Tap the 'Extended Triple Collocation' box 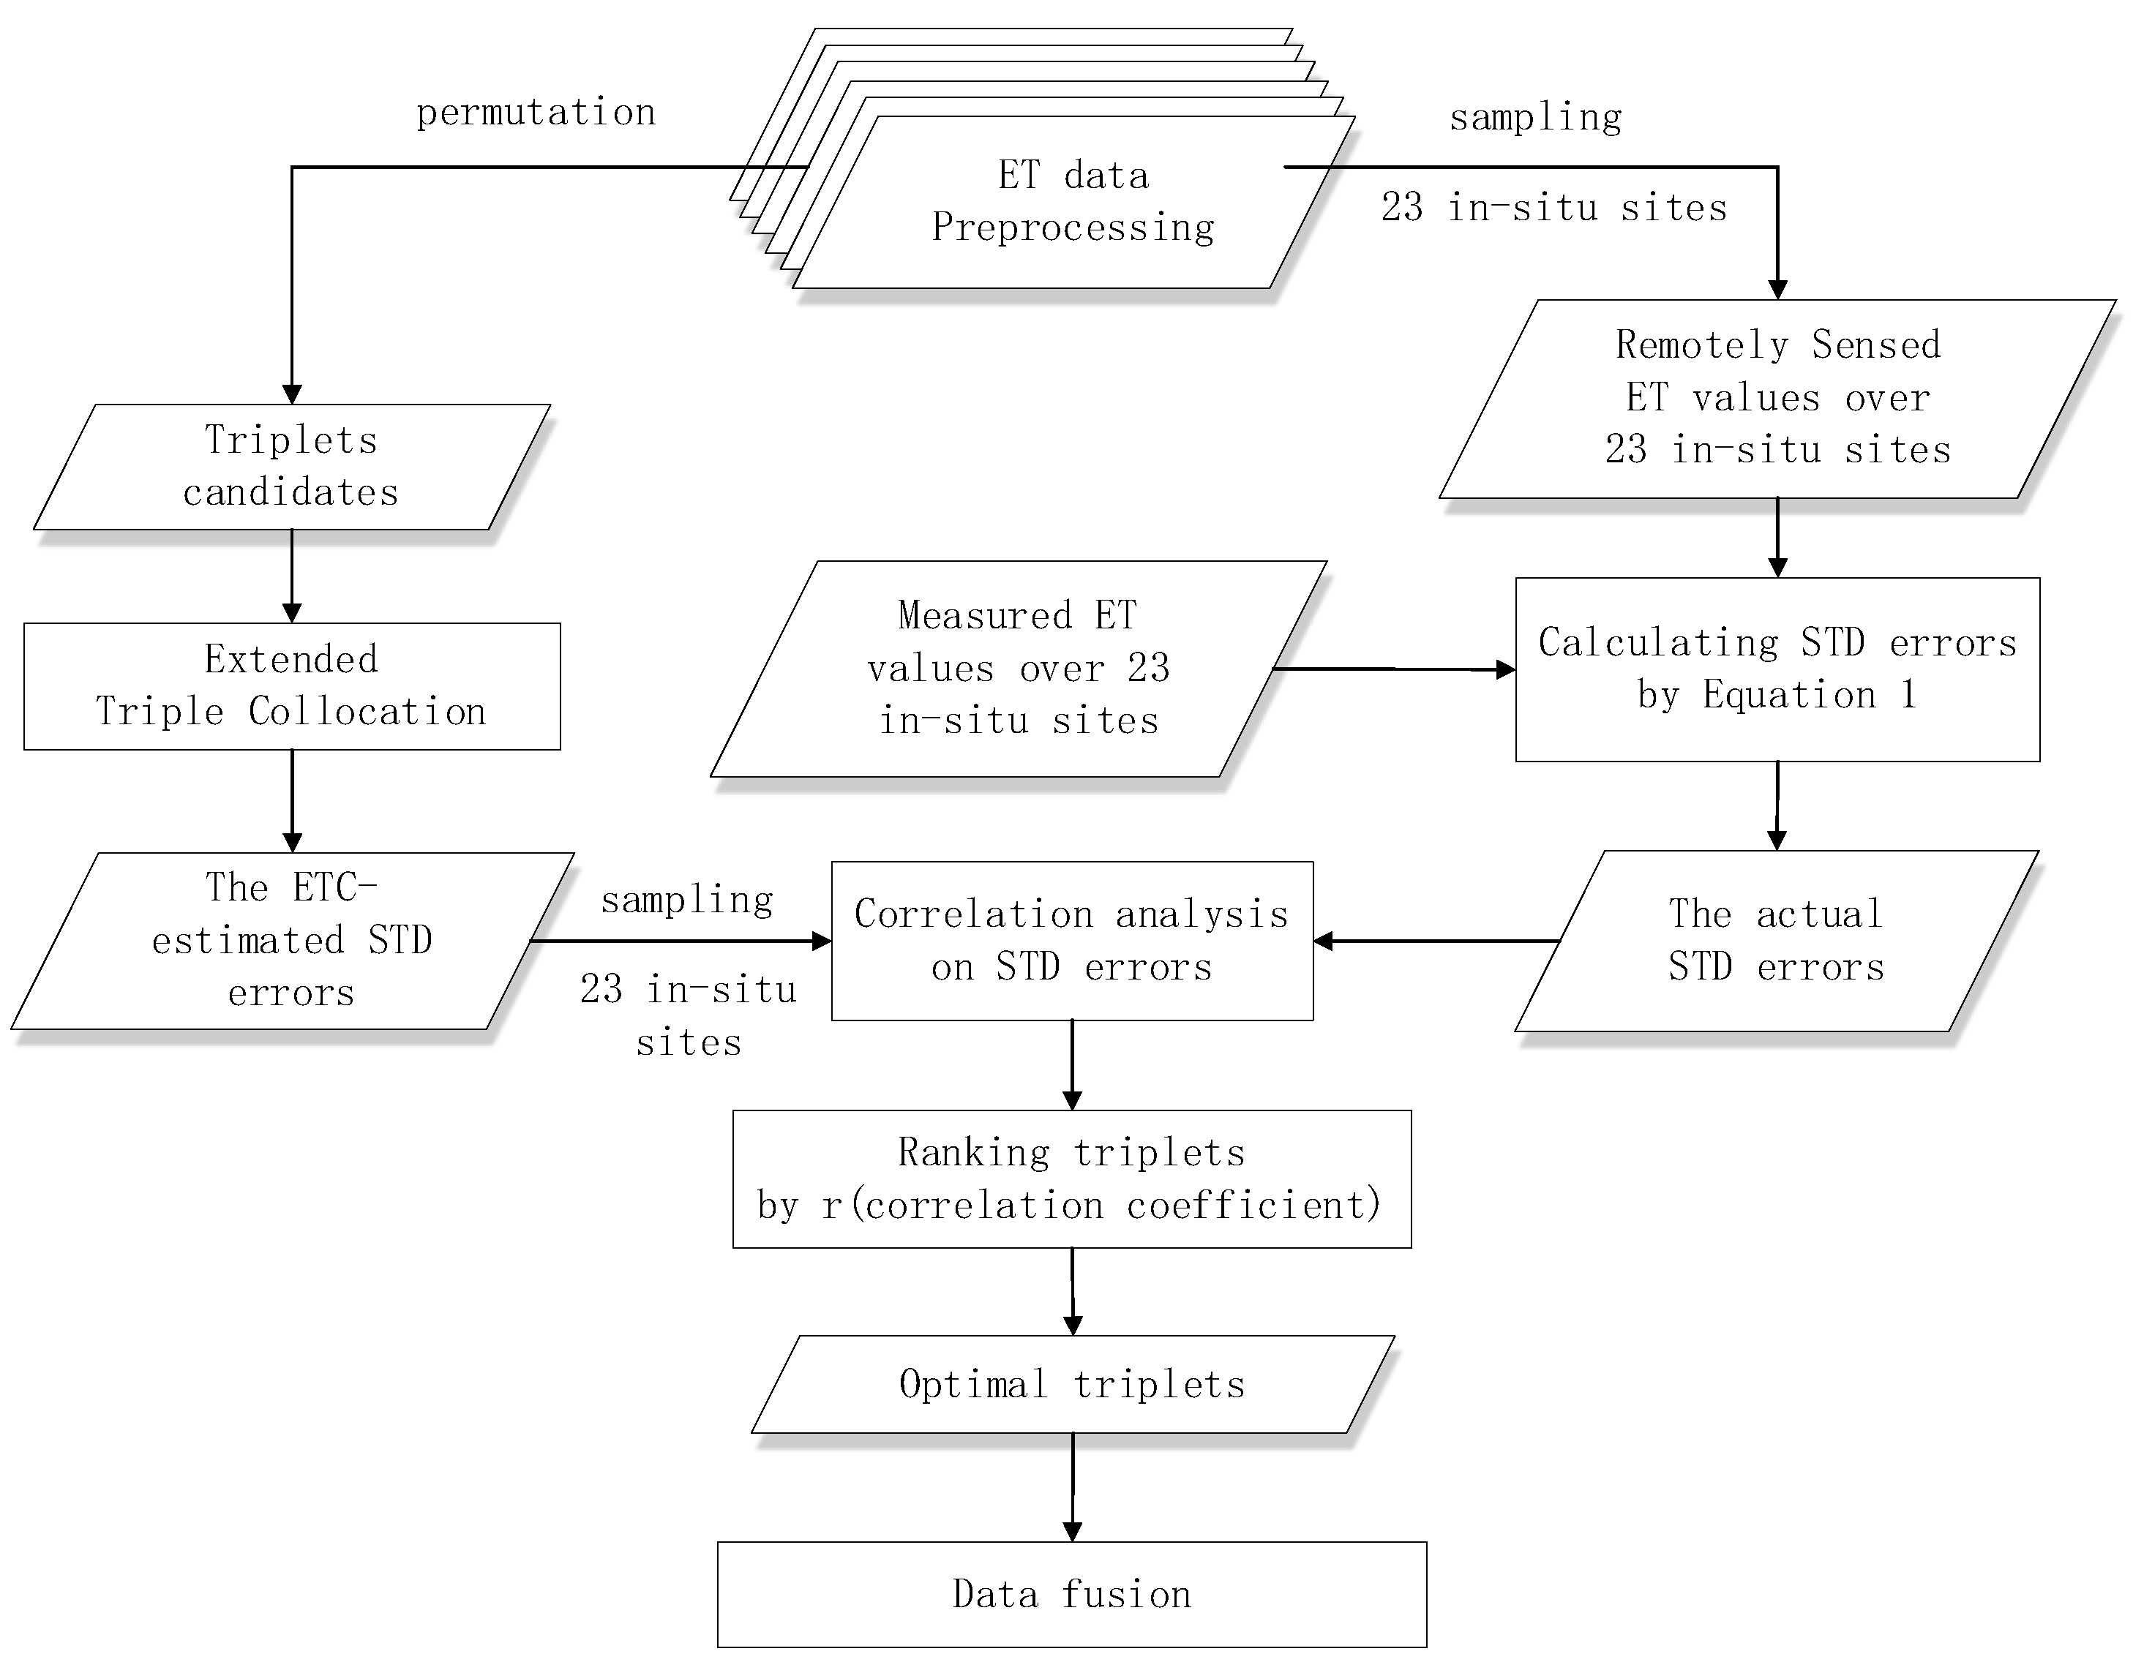click(x=291, y=685)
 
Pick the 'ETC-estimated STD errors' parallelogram click(x=291, y=940)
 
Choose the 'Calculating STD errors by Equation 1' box click(x=1777, y=669)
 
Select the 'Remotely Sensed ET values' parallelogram click(x=1777, y=398)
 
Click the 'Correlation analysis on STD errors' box click(x=1072, y=940)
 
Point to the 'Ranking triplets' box click(x=1072, y=1178)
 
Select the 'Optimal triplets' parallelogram click(x=1072, y=1384)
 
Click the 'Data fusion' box click(x=1072, y=1594)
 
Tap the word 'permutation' click(x=536, y=113)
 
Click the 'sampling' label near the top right click(x=1535, y=118)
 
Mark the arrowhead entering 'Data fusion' click(x=1072, y=1532)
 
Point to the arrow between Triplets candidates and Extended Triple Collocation click(x=292, y=576)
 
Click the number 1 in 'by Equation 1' click(x=1908, y=694)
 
